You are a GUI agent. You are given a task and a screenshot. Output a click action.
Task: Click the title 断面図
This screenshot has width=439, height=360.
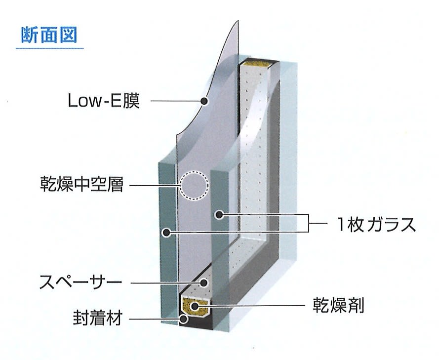click(49, 35)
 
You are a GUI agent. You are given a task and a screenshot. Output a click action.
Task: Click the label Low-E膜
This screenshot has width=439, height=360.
click(104, 101)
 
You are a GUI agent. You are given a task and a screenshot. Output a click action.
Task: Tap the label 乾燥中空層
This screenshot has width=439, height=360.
click(82, 184)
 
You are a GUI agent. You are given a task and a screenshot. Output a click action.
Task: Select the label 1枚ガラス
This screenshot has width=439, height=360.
click(377, 224)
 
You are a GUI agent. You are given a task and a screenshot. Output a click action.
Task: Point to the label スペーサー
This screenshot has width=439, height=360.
click(80, 282)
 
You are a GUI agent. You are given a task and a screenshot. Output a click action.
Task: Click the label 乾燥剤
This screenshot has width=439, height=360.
click(338, 305)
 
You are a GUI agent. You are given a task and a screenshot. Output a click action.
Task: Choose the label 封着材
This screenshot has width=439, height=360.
click(98, 319)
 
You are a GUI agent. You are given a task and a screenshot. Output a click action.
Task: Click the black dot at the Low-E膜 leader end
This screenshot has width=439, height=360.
click(204, 101)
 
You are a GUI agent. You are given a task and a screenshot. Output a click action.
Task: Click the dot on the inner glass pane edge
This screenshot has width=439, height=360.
click(219, 215)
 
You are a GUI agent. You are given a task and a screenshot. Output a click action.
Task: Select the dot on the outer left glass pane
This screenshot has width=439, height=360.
click(167, 232)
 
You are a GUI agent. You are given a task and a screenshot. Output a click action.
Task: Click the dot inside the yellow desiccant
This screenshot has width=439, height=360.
click(195, 306)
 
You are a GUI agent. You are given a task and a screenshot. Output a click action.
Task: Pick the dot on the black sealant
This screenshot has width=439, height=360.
click(184, 319)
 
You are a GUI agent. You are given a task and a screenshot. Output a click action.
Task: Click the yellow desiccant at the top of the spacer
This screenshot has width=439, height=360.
click(258, 64)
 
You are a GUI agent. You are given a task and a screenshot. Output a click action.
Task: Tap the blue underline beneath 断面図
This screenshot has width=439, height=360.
click(50, 48)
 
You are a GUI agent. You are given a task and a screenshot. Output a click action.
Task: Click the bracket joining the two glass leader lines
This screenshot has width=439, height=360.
click(308, 223)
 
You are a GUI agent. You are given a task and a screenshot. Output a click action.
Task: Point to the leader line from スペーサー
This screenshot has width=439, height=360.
click(165, 283)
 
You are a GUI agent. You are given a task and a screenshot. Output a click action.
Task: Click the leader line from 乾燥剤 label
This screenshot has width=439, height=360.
click(251, 305)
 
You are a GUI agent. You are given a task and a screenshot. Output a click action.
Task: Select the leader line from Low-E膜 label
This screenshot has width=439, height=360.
click(176, 101)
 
